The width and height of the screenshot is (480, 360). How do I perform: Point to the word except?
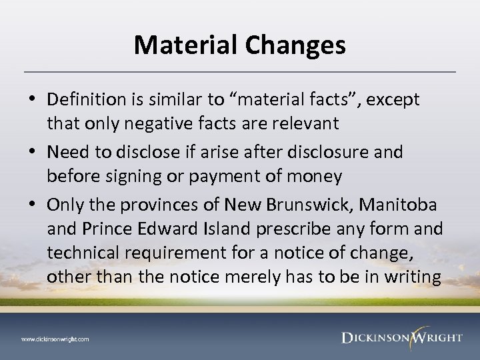[387, 100]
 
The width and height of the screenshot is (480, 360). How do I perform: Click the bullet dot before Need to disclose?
[33, 152]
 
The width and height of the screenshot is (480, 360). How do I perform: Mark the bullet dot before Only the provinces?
[33, 202]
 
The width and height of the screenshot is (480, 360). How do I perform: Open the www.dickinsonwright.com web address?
[55, 339]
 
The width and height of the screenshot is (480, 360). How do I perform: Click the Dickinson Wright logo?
[401, 337]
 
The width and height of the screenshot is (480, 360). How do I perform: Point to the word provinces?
[166, 202]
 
